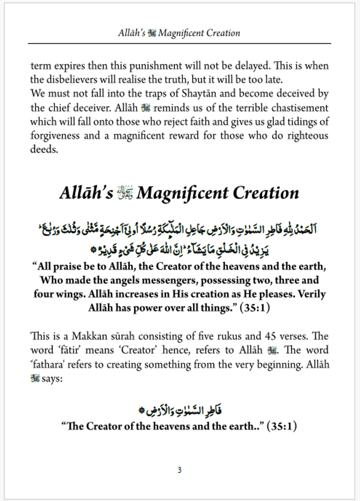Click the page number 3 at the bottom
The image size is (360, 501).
coord(179,470)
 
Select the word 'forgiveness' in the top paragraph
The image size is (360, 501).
coord(56,136)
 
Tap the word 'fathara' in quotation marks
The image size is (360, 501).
coord(47,364)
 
